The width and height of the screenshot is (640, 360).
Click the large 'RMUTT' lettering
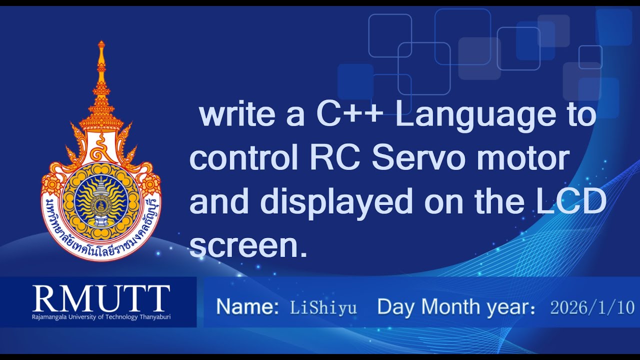101,298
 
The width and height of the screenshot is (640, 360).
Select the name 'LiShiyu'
323,307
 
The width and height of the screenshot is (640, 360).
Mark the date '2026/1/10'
592,307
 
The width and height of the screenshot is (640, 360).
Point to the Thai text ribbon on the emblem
101,244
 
